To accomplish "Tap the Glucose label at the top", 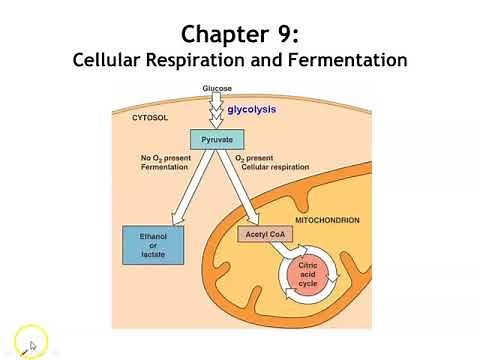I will pyautogui.click(x=218, y=89).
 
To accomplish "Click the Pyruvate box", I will pyautogui.click(x=218, y=140).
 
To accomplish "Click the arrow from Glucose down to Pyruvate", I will pyautogui.click(x=218, y=112).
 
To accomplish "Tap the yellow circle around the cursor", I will pyautogui.click(x=31, y=339).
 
